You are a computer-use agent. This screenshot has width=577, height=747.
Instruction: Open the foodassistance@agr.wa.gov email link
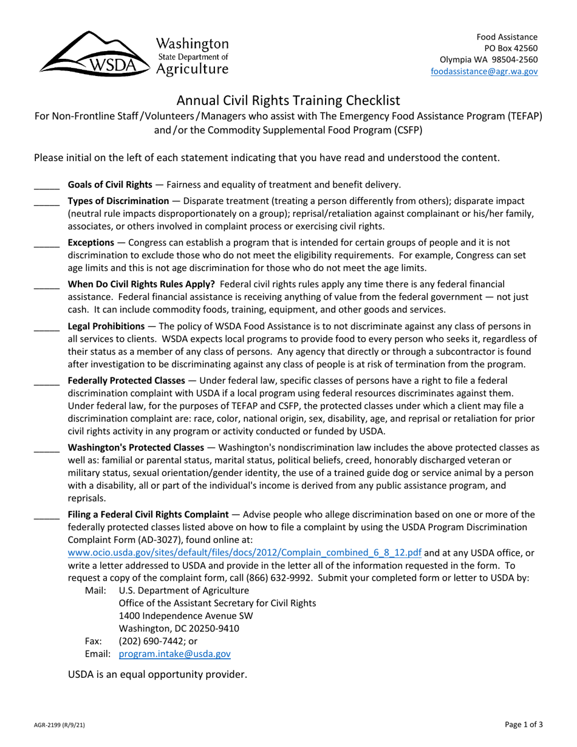484,71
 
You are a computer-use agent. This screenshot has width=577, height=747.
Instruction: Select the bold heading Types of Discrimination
118,200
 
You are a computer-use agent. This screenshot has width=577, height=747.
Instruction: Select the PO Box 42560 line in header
510,48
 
